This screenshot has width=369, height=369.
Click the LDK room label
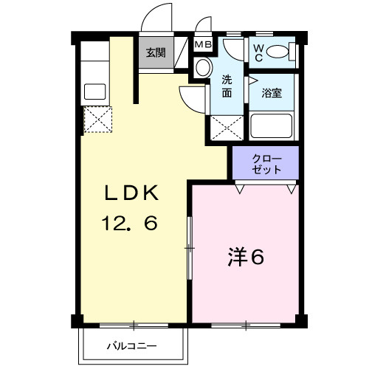[131, 193]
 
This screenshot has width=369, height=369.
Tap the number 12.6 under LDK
[131, 224]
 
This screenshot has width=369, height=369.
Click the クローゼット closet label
[266, 163]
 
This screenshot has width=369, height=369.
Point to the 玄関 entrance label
[155, 52]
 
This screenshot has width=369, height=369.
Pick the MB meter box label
[202, 44]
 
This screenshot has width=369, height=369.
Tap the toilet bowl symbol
[279, 52]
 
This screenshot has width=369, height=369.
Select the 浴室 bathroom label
[272, 94]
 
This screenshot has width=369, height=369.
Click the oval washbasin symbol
[202, 67]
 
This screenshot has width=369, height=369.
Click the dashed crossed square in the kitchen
[97, 120]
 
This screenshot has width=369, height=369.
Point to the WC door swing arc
[235, 52]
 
